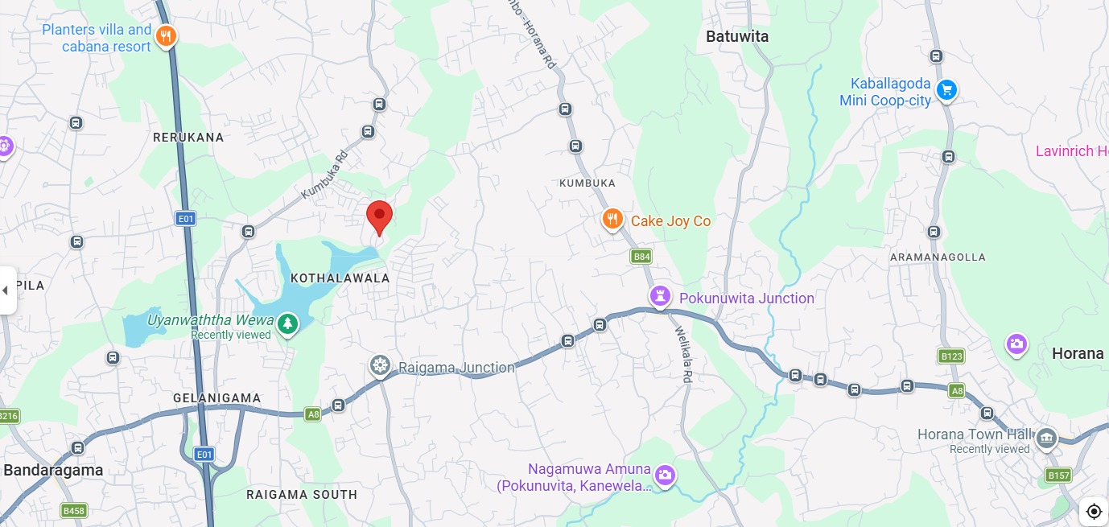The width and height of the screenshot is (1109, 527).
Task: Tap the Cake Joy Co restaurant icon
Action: [x=612, y=220]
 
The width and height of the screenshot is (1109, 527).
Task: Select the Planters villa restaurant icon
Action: [x=167, y=36]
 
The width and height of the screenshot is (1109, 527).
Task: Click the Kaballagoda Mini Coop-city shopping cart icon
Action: [x=946, y=91]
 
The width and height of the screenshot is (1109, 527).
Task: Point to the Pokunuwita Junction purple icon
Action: [x=660, y=297]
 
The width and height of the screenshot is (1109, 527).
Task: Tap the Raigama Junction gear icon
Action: [x=380, y=366]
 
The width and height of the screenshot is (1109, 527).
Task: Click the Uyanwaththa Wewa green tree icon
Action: [x=287, y=324]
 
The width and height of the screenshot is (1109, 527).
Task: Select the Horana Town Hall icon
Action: [x=1045, y=438]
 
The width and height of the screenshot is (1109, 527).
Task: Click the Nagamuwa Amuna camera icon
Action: [x=664, y=475]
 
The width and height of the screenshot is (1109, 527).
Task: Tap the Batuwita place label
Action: [x=736, y=36]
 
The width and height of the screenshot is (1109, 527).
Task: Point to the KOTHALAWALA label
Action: [x=340, y=278]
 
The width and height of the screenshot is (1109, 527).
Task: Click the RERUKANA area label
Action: [x=188, y=138]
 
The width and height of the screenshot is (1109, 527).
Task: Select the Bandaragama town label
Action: [x=53, y=470]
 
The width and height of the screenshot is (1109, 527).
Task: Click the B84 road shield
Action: [x=641, y=257]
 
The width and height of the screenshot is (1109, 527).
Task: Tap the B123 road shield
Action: [x=951, y=356]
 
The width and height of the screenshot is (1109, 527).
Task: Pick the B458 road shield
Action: [x=73, y=510]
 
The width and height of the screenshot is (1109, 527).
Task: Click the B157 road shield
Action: [x=1059, y=476]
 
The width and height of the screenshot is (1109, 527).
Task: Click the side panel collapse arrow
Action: [x=6, y=290]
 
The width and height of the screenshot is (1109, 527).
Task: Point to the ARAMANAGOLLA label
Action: [x=937, y=257]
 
